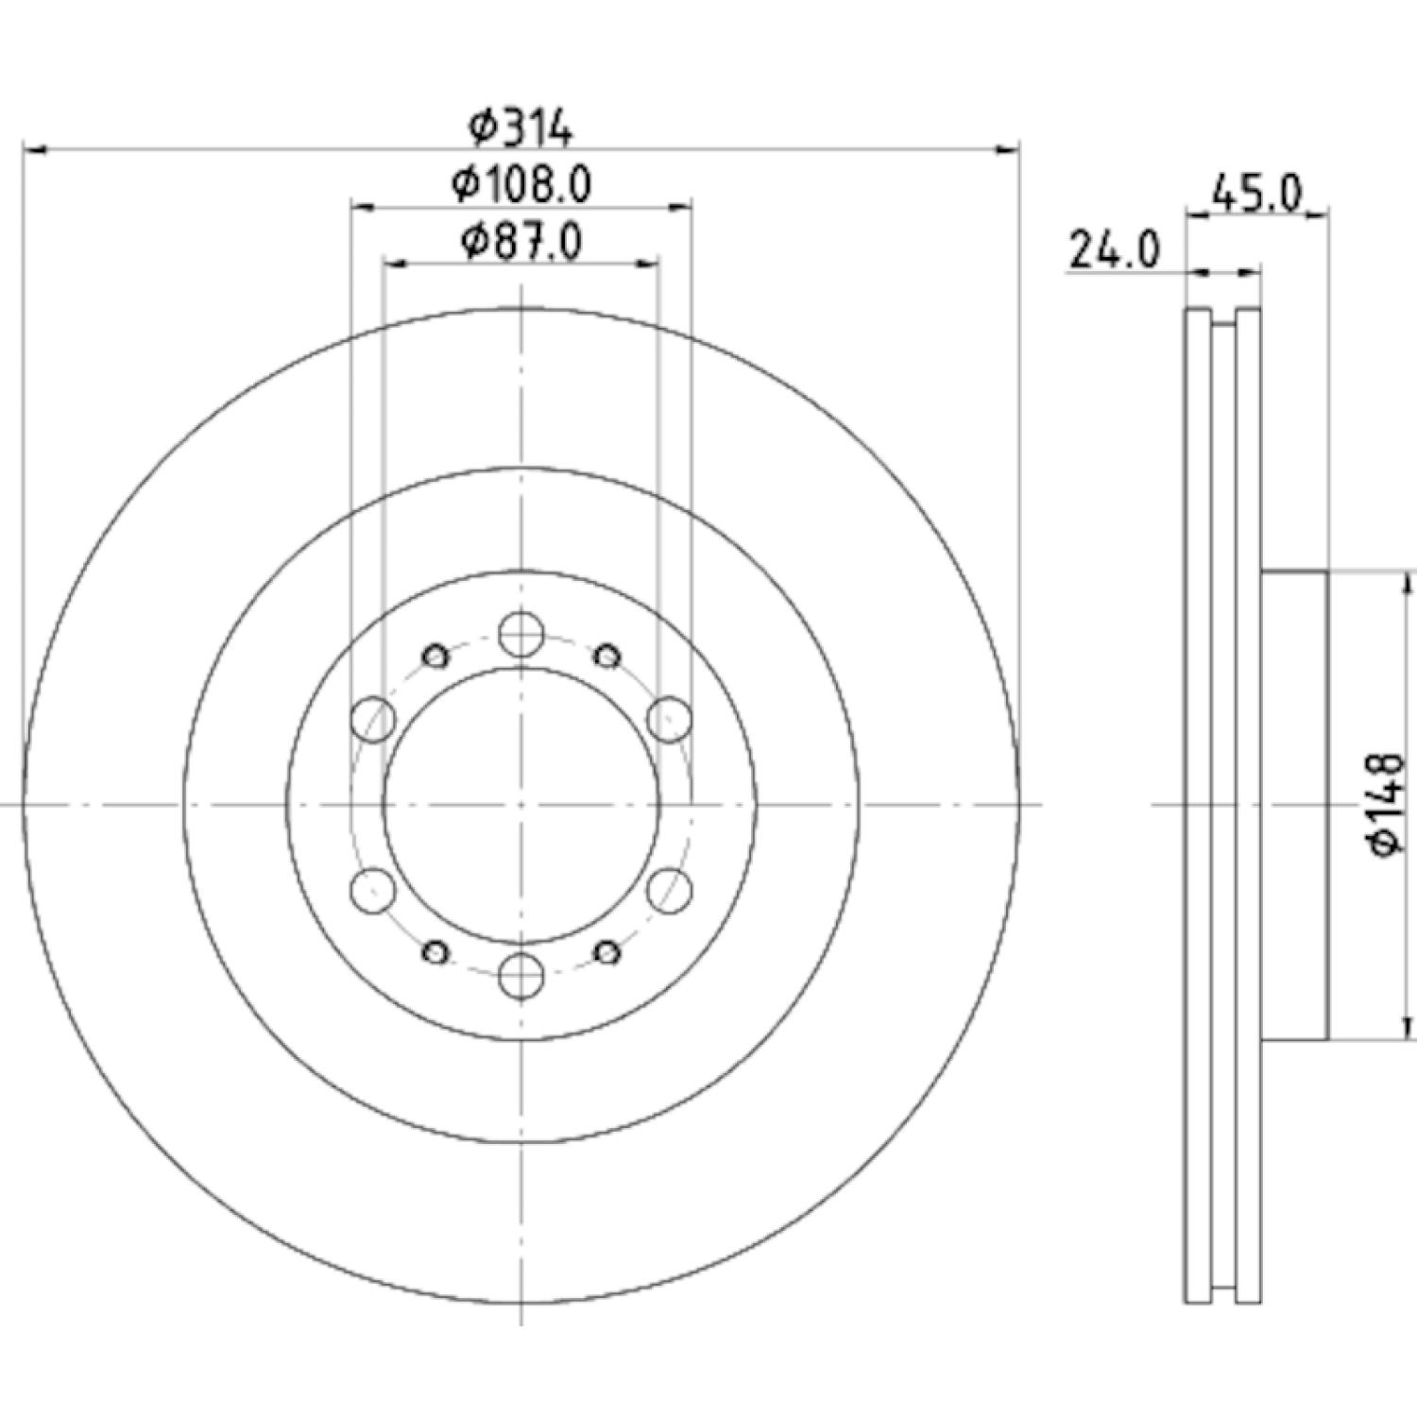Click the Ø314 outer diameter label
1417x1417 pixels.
(522, 129)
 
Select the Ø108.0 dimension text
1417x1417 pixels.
(522, 185)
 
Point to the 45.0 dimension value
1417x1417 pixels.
(1256, 195)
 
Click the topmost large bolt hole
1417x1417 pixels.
(521, 634)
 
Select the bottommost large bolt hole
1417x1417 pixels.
(521, 976)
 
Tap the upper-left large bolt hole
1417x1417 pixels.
(372, 719)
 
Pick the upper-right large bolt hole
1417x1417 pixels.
(669, 719)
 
